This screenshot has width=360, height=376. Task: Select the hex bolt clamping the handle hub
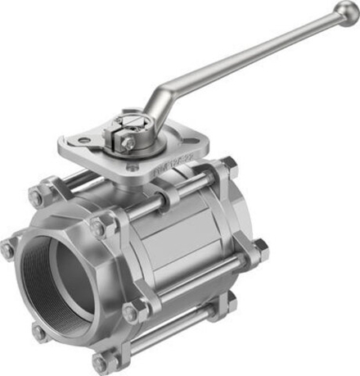128,143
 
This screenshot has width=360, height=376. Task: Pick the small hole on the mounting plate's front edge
130,168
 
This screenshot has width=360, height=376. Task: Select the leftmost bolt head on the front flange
7,249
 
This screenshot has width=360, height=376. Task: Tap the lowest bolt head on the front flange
101,361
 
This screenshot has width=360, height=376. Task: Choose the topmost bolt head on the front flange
36,197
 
